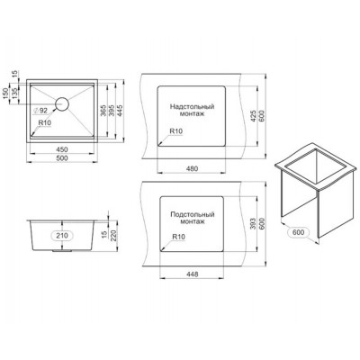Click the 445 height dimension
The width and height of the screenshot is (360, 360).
(x=121, y=109)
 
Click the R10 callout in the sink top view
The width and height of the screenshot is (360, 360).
(x=45, y=123)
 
